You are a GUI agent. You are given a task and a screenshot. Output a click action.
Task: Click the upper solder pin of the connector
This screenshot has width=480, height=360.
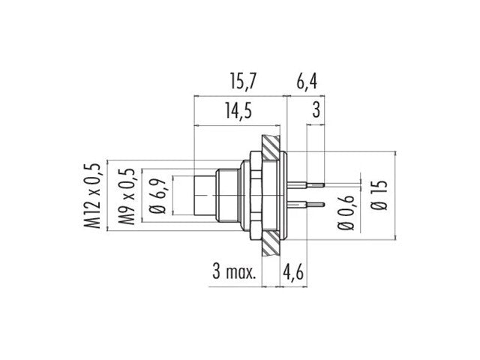(310, 182)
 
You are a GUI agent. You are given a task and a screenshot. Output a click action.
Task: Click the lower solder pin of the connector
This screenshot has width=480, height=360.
(310, 204)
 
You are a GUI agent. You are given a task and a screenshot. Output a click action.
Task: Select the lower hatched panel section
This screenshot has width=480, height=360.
(271, 244)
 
